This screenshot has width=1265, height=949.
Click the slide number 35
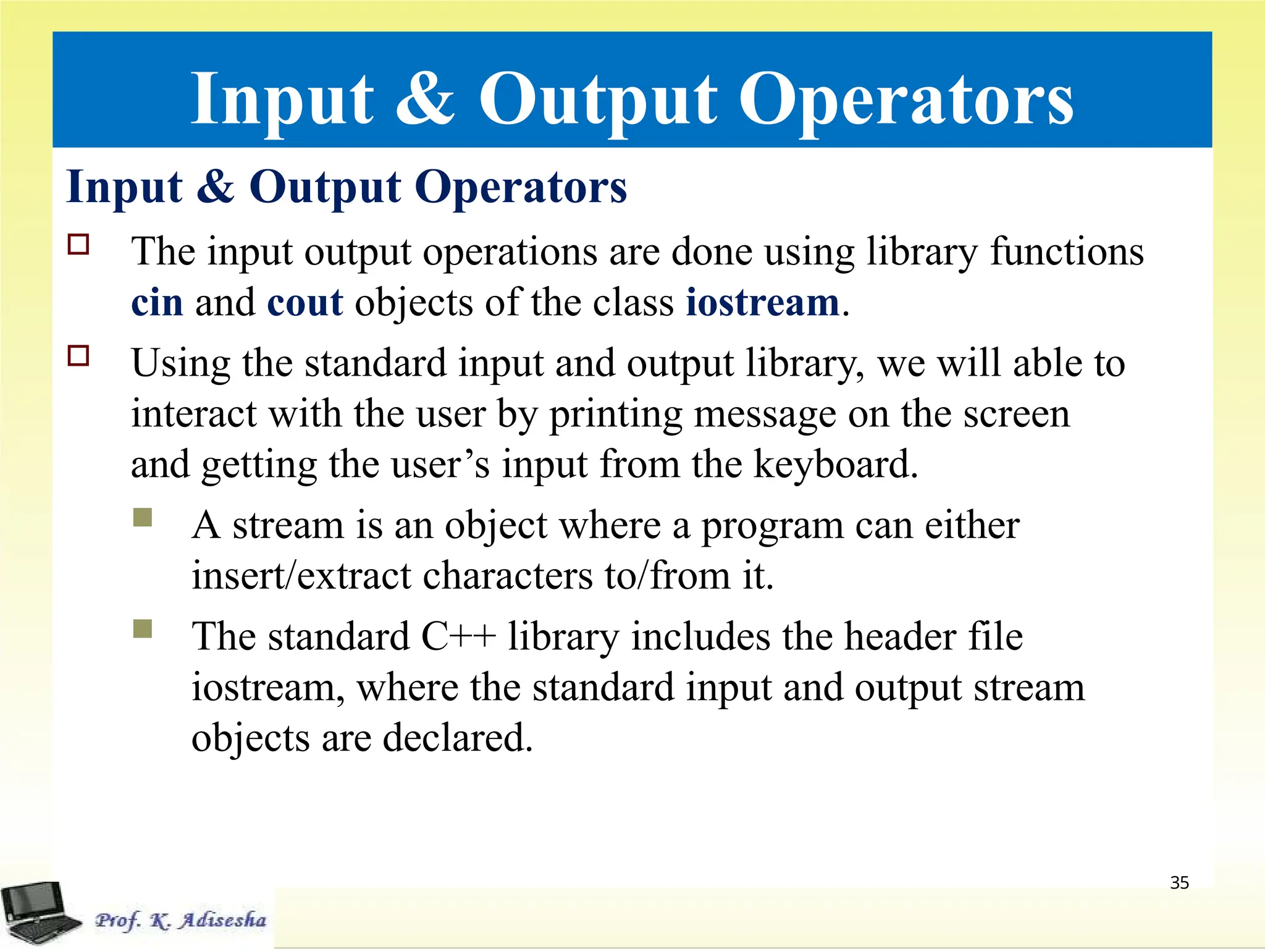pos(1179,882)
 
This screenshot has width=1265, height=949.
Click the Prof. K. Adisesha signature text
pos(180,920)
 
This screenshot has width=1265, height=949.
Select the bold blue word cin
pos(157,303)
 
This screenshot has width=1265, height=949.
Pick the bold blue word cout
pos(305,303)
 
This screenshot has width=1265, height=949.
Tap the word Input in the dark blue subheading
pos(124,187)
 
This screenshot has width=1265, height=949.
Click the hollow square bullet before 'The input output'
pos(78,245)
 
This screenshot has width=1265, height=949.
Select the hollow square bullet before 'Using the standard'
pos(78,356)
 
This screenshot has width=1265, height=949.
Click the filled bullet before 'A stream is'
pos(143,517)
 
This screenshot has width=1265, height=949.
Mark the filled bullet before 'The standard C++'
pos(143,629)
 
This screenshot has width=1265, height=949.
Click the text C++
pos(458,636)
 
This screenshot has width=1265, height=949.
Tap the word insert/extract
pos(301,576)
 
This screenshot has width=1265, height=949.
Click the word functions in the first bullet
pos(1067,252)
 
